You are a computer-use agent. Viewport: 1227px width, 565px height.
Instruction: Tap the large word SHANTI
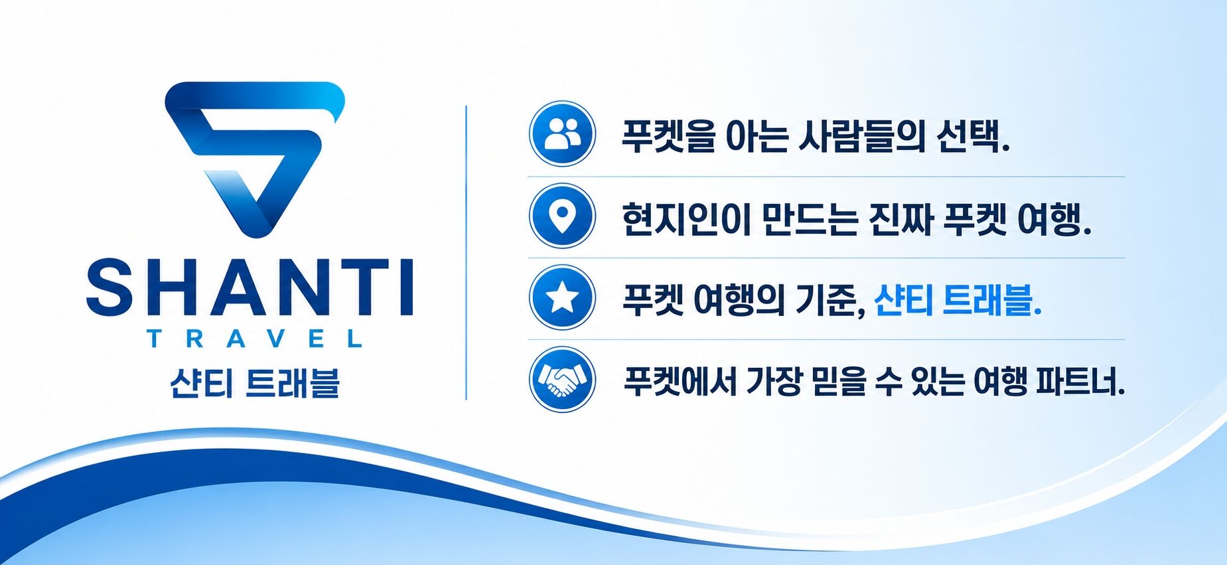(250, 287)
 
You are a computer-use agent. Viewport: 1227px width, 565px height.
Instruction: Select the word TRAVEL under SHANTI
(255, 339)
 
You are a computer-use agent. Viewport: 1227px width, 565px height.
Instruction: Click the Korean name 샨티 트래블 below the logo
(255, 383)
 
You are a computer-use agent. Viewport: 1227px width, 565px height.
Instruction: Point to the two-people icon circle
(562, 133)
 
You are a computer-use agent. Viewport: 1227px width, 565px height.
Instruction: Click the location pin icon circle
(562, 216)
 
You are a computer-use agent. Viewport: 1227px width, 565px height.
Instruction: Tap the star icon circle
(562, 297)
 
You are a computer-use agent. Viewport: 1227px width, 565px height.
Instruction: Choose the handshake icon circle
(562, 380)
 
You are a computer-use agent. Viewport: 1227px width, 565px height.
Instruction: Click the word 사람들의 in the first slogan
(861, 136)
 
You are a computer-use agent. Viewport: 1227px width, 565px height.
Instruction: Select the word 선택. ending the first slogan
(973, 136)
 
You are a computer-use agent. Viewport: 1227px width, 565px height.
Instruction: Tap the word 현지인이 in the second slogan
(686, 219)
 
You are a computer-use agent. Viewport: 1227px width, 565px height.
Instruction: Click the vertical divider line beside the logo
(466, 252)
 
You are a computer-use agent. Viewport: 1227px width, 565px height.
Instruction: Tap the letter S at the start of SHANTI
(109, 287)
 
